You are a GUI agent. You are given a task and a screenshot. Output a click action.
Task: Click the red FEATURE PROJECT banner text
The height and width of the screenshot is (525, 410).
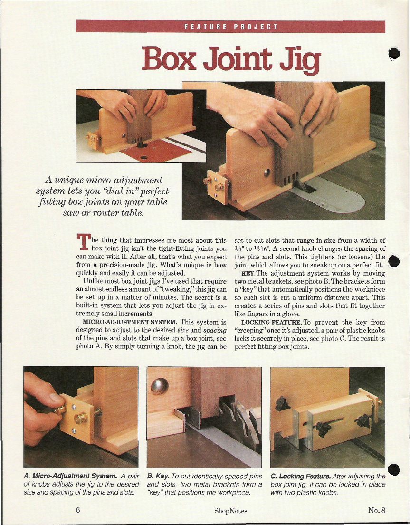point(230,27)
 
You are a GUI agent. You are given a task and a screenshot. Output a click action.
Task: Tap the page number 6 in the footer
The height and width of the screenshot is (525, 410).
point(78,510)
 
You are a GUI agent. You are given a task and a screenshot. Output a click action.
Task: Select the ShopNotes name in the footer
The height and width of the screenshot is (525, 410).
point(230,511)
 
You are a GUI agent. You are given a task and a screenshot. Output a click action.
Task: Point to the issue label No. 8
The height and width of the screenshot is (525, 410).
point(377,510)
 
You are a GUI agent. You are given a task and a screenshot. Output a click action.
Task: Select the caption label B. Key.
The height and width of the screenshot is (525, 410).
point(159,476)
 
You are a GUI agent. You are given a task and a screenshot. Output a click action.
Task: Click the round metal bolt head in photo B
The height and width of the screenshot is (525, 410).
point(159,386)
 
